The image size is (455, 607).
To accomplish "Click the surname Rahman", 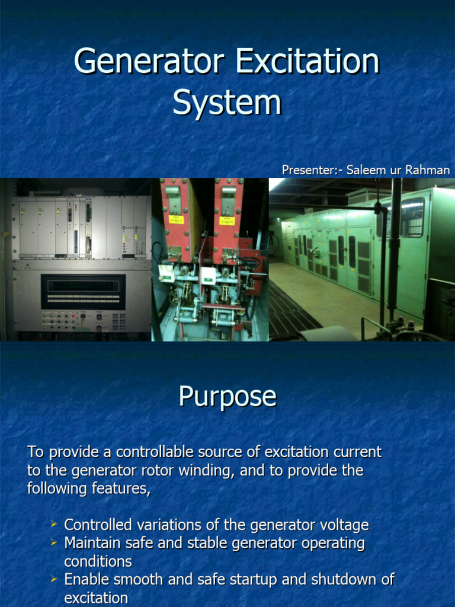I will pos(428,170).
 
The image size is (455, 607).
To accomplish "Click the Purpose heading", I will pos(227,397).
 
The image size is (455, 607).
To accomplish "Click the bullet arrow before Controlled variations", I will pos(54,523).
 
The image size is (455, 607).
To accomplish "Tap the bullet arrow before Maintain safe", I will pos(54,542).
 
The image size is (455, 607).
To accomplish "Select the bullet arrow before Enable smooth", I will pos(54,578).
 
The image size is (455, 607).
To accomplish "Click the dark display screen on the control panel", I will pos(83,291).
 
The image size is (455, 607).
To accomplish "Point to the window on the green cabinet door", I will pos(412,217).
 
